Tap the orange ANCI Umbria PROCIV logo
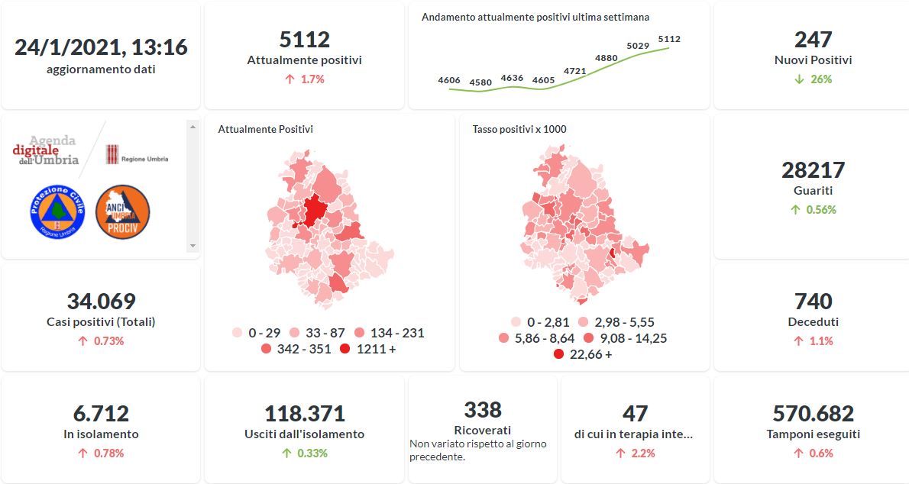(x=122, y=211)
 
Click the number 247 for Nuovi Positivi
(x=813, y=40)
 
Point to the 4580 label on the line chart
(x=481, y=82)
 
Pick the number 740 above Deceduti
(x=813, y=302)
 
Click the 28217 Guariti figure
(x=813, y=169)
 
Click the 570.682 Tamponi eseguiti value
(x=813, y=414)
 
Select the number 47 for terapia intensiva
(x=635, y=414)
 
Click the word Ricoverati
(x=483, y=431)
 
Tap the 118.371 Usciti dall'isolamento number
(x=304, y=414)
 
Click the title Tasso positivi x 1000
(x=519, y=129)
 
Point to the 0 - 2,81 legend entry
(x=542, y=322)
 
